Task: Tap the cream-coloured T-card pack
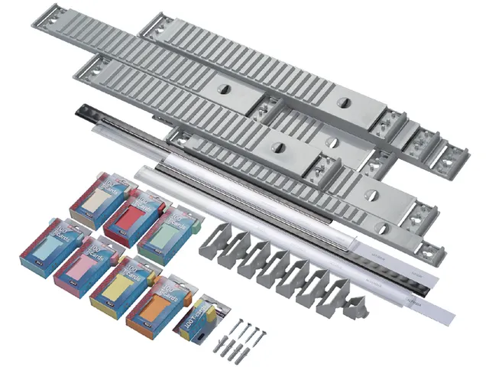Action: pos(102,201)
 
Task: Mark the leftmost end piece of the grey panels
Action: pos(47,21)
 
